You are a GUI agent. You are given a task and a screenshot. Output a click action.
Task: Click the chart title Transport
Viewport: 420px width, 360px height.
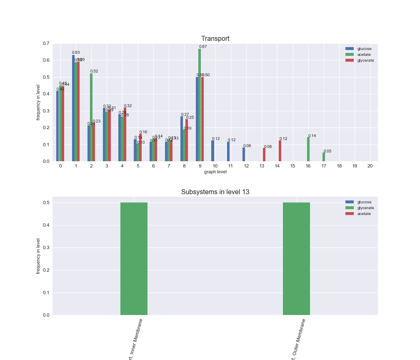[215, 39]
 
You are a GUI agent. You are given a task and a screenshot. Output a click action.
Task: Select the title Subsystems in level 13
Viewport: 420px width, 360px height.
[215, 192]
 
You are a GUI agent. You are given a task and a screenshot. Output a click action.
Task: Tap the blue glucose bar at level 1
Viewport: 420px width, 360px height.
[73, 108]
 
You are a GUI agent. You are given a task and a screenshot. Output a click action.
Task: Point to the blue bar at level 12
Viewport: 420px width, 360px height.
[244, 155]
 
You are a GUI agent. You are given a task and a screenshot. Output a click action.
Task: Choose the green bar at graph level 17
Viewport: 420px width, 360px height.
[324, 157]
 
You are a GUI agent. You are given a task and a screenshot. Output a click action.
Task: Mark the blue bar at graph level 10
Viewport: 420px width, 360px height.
[212, 151]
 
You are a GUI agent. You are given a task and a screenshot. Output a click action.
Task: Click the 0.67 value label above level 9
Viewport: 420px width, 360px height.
[203, 47]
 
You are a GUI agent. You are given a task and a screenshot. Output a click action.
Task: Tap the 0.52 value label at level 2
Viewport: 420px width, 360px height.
[94, 71]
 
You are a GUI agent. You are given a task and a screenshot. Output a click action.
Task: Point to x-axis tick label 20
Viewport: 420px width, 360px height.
[370, 166]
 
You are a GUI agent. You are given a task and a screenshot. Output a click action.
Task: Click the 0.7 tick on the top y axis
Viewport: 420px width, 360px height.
[46, 43]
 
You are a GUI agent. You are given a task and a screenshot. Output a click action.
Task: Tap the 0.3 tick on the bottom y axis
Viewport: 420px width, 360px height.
[46, 247]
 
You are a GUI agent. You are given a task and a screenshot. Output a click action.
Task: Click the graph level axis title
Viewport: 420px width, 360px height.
[215, 172]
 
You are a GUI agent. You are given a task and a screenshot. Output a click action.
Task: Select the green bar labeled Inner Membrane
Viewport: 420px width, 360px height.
[134, 258]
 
